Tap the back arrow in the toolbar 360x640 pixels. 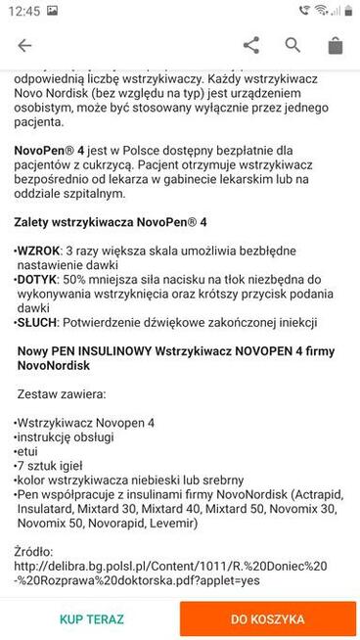pyautogui.click(x=24, y=45)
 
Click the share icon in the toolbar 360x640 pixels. pyautogui.click(x=251, y=45)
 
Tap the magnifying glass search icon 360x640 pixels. pyautogui.click(x=292, y=45)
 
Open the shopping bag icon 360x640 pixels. pyautogui.click(x=335, y=45)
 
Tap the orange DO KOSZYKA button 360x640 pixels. pyautogui.click(x=267, y=619)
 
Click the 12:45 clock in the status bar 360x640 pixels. pyautogui.click(x=27, y=10)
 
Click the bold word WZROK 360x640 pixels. pyautogui.click(x=39, y=251)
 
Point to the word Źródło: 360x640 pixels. pyautogui.click(x=38, y=552)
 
